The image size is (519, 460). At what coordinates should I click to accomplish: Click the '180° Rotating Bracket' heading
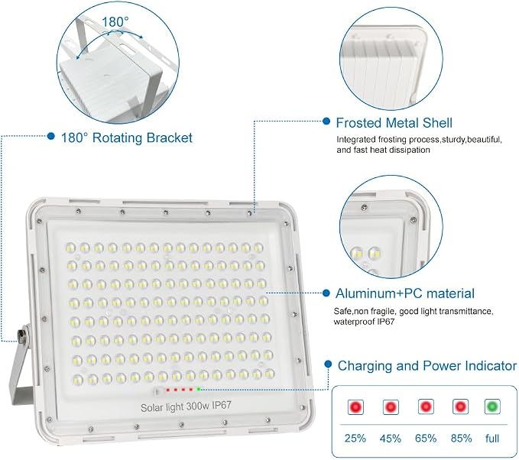pos(126,138)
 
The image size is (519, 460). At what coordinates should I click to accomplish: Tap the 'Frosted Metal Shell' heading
pos(394,123)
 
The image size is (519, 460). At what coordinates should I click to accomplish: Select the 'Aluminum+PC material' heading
pos(405,293)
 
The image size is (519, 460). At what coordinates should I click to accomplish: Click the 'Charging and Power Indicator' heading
pos(427,366)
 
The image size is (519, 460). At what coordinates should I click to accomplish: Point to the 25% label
pos(355,438)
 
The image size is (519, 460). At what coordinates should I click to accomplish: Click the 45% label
pos(391,438)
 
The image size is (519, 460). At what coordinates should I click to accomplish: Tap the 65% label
pos(426,438)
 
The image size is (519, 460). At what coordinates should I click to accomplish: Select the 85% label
pos(461,438)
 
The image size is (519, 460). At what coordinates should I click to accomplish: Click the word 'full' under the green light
pos(492,438)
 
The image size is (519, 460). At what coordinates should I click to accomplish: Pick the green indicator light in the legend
pos(492,407)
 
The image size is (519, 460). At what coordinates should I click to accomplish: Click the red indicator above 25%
pos(356,407)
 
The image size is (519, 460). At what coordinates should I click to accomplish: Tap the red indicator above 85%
pos(460,407)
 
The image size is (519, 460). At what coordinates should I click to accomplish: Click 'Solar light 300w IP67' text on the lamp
pos(186,407)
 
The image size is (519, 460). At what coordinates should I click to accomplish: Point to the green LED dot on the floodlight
pos(198,389)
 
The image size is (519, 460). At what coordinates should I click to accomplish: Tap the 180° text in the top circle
pos(115,22)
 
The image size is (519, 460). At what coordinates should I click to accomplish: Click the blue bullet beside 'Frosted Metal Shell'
pos(326,121)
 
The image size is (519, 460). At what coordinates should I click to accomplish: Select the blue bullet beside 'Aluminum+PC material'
pos(326,293)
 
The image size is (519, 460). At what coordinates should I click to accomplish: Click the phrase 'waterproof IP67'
pos(364,322)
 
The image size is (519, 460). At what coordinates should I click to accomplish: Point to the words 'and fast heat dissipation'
pos(383,150)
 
